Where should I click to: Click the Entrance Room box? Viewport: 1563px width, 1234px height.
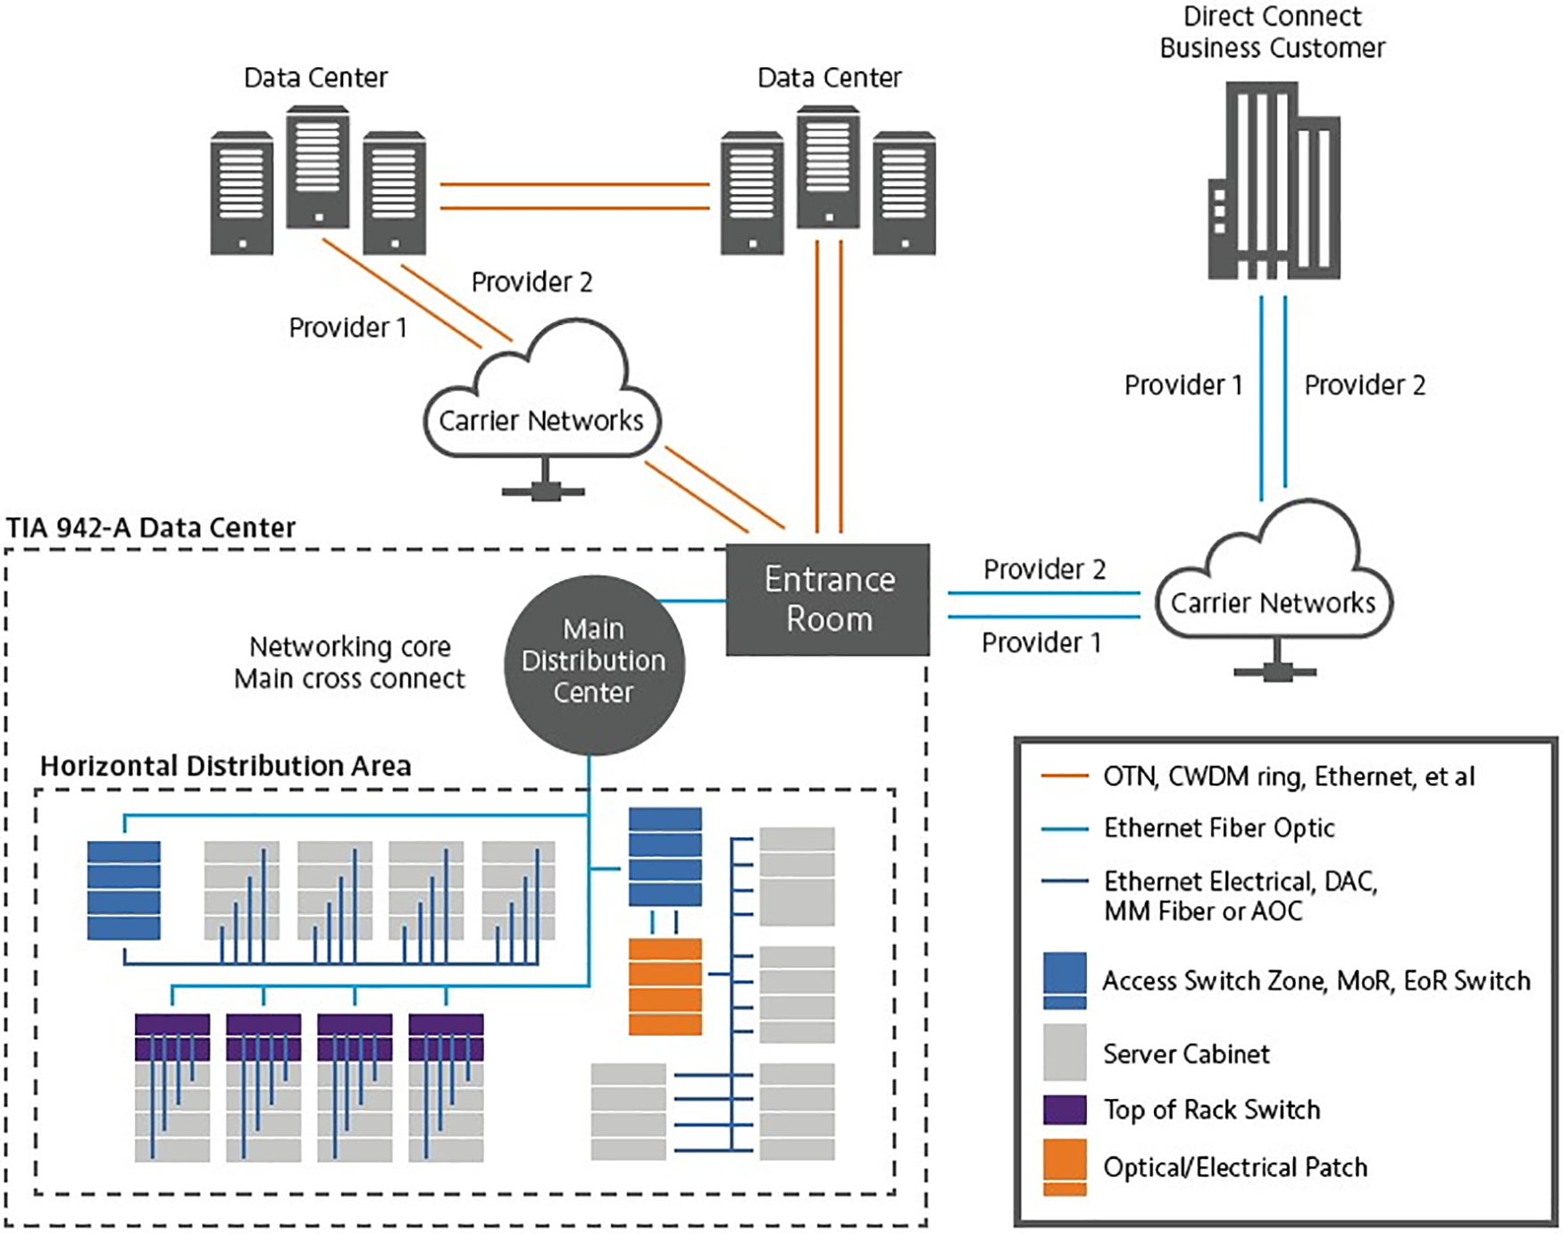click(x=827, y=599)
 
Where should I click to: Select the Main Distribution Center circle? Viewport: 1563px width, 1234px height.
click(x=594, y=662)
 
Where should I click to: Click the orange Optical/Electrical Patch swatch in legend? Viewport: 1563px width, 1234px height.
click(x=1065, y=1166)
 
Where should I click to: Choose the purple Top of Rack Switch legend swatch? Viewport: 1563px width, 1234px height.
click(x=1065, y=1109)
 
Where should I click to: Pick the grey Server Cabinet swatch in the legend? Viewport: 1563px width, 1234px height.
click(x=1065, y=1052)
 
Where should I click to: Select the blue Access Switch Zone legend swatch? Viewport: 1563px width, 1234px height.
click(x=1065, y=980)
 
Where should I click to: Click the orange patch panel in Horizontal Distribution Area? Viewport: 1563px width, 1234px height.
click(x=664, y=986)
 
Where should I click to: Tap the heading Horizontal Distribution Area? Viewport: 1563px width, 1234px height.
click(x=225, y=766)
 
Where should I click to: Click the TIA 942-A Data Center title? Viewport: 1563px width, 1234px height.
click(x=151, y=528)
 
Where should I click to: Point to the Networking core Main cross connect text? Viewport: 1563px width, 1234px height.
click(x=349, y=662)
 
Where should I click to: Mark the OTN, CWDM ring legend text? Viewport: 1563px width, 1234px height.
click(x=1288, y=776)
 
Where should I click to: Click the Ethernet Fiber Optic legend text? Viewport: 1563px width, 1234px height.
click(x=1218, y=828)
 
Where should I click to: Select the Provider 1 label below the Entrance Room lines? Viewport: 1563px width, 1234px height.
click(x=1041, y=642)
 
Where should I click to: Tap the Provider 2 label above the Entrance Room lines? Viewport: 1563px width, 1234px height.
click(x=1044, y=569)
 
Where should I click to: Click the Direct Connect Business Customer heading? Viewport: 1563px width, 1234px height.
click(x=1272, y=32)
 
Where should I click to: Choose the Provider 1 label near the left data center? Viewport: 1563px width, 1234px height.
click(x=347, y=328)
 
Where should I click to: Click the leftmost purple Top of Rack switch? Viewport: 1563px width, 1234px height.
click(x=172, y=1037)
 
